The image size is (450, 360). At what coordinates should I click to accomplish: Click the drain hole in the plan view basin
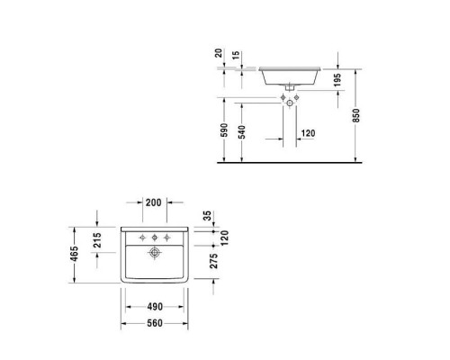click(155, 254)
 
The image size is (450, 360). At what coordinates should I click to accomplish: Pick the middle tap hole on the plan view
click(155, 237)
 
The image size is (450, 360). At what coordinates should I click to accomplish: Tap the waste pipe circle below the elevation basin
click(290, 103)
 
